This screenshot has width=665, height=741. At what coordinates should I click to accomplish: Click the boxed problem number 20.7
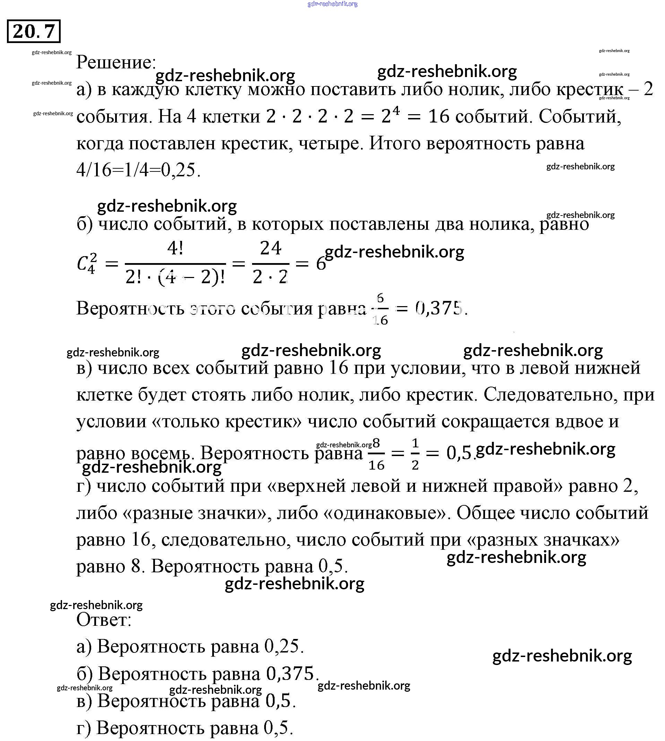pos(34,32)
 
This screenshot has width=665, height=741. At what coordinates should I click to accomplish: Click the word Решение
pos(115,62)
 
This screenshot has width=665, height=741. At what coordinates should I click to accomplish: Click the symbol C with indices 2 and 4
pos(87,263)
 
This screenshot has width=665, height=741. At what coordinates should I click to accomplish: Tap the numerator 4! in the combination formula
pos(175,249)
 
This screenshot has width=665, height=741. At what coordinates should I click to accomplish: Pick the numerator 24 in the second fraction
pos(270,249)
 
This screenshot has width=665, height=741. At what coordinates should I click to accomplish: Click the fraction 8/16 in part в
pos(376,454)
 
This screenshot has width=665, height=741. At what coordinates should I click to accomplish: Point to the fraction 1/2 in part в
pos(415,454)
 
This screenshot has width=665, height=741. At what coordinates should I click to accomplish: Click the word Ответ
pos(104,620)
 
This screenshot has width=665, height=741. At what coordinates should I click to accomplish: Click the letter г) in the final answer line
pos(84,728)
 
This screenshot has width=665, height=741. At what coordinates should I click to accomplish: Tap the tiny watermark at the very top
pos(332,4)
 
